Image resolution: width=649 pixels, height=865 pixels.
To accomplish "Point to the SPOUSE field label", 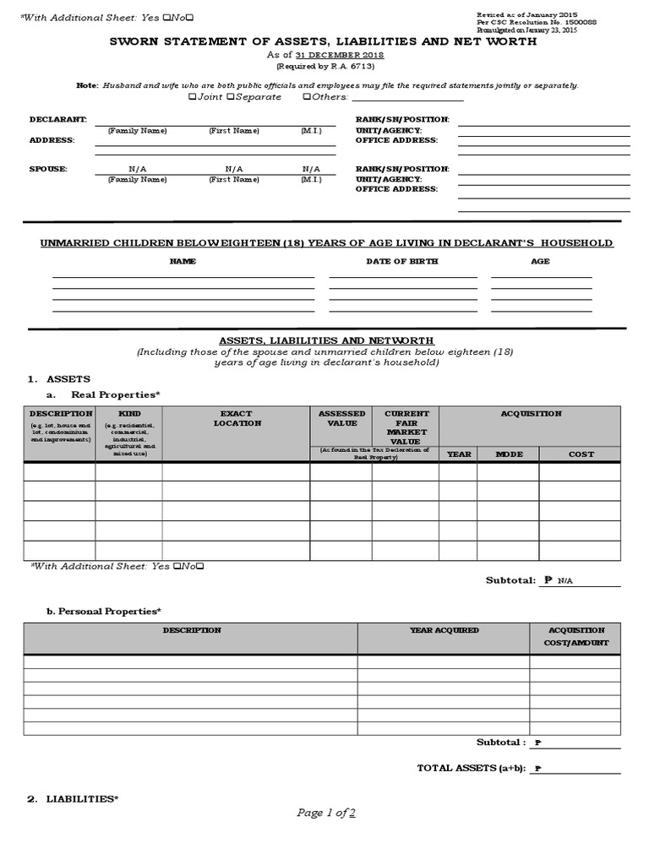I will point(48,169).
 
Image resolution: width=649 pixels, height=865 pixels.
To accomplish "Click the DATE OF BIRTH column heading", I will point(401,262).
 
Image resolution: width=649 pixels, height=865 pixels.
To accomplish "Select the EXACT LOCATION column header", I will point(237,418).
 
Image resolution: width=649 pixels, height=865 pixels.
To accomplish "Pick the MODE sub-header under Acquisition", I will point(509,454).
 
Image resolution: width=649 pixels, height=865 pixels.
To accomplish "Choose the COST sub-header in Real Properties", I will point(581,454).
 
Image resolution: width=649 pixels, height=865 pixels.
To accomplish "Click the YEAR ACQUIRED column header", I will point(444,630).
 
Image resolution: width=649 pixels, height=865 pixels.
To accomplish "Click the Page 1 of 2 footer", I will point(325,813).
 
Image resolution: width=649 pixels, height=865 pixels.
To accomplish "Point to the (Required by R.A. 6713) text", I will point(324,66).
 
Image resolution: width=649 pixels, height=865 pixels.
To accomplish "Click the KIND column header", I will point(129,414).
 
